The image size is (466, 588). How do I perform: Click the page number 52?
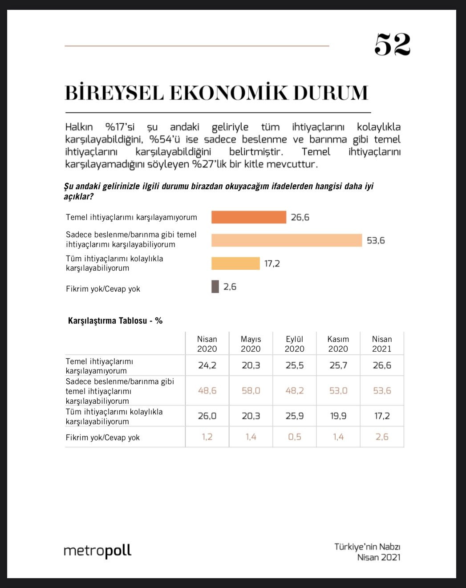(x=392, y=45)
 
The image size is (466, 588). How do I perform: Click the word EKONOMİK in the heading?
(x=229, y=92)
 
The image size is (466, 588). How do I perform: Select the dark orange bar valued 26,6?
(x=248, y=217)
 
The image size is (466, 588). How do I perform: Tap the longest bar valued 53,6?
(x=286, y=240)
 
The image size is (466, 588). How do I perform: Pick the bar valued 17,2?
(x=235, y=264)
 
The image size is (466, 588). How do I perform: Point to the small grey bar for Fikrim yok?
(x=215, y=287)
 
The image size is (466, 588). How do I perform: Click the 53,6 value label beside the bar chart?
(x=376, y=241)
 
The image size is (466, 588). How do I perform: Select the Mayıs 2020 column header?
(x=251, y=344)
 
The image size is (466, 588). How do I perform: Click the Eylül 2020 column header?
(x=294, y=344)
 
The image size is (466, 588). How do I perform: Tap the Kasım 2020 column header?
(x=338, y=344)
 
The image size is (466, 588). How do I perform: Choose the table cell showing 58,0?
(x=251, y=391)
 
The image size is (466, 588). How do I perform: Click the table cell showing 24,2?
(x=207, y=365)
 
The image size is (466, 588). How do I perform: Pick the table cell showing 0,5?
(x=294, y=437)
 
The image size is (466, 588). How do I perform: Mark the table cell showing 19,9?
(x=338, y=416)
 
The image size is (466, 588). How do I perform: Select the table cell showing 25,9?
(x=294, y=416)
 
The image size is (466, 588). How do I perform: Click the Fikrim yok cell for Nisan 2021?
(x=382, y=437)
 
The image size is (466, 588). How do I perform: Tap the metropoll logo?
(x=97, y=551)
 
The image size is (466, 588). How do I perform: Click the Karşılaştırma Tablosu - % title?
(x=115, y=320)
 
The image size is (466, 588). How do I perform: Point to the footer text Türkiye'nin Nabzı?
(x=367, y=547)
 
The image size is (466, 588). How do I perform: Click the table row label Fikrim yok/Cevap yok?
(x=103, y=438)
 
